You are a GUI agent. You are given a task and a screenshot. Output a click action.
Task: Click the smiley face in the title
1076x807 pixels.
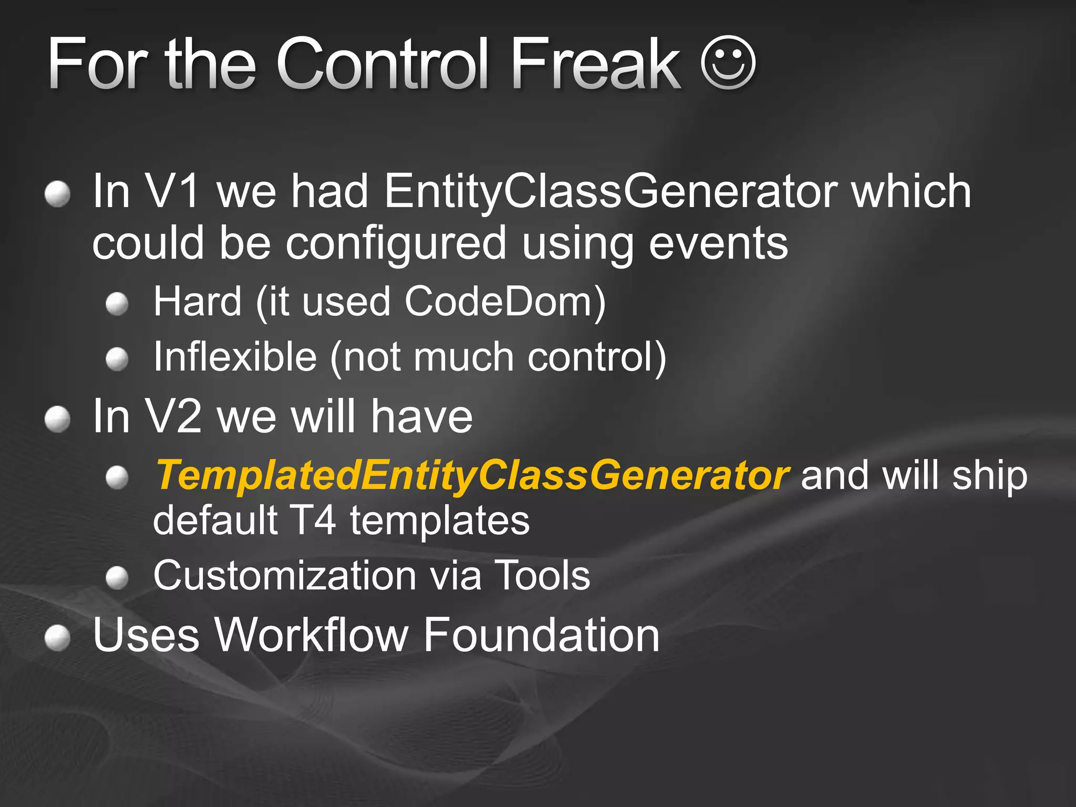point(728,63)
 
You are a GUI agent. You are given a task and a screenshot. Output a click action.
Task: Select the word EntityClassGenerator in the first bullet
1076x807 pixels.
point(609,192)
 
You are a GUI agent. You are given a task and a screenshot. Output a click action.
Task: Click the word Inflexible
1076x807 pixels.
point(235,357)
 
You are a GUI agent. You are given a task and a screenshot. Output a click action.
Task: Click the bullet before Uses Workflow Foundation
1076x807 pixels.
point(57,638)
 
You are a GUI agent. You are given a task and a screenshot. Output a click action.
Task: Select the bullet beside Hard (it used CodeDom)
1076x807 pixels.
point(117,304)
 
